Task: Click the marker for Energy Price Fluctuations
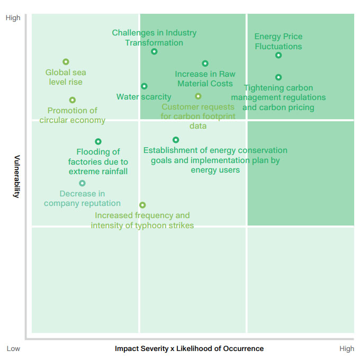pos(278,56)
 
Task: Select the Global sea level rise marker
pos(66,62)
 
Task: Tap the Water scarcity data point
pos(144,86)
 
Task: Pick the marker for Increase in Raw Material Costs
pos(205,64)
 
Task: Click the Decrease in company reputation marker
pos(82,184)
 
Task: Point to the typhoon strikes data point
pos(142,205)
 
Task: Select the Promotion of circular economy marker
pos(73,100)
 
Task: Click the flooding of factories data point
pos(98,141)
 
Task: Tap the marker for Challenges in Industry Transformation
pos(154,52)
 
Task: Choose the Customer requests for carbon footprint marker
pos(198,96)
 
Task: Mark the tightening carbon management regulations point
pos(278,77)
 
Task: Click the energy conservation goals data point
pos(176,140)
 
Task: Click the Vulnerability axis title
pos(16,176)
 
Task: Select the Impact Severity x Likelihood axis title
pos(189,349)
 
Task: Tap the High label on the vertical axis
pos(13,18)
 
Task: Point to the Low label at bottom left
pos(13,349)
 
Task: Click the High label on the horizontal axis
pos(347,349)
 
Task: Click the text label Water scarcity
pos(144,97)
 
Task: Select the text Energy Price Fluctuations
pos(278,41)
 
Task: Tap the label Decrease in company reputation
pos(82,199)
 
